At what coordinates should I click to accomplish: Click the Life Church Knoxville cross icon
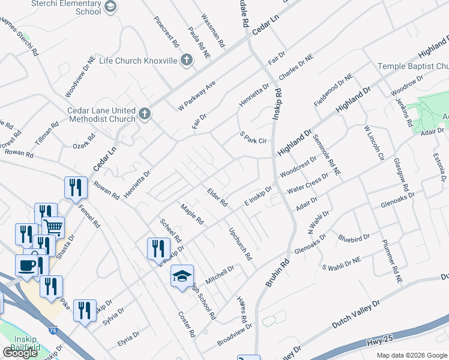(186, 60)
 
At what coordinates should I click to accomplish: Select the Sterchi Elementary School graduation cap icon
(110, 7)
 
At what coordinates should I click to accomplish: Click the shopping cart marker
(53, 227)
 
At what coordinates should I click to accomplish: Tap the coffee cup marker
(26, 265)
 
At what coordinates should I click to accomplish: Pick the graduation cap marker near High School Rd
(182, 276)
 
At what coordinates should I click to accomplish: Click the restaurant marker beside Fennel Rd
(76, 187)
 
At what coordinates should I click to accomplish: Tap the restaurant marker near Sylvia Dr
(84, 310)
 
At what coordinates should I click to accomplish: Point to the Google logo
(20, 353)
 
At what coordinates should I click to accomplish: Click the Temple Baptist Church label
(413, 65)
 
